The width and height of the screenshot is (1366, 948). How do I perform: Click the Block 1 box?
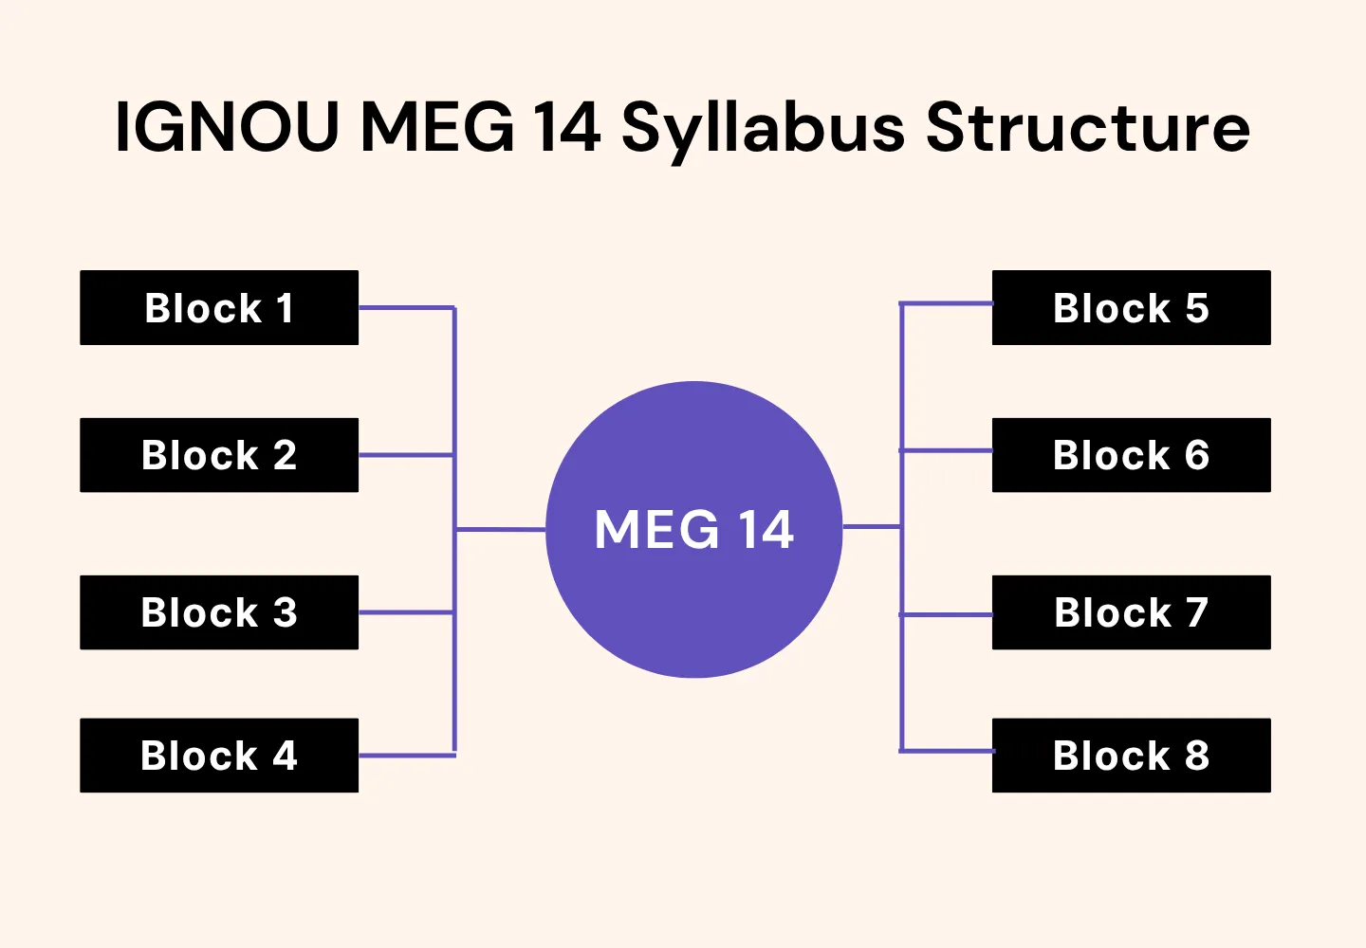[x=219, y=308]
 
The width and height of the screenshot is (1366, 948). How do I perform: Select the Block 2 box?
[x=219, y=455]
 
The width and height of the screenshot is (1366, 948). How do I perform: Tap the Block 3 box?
[x=219, y=612]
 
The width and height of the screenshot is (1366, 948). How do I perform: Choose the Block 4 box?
[x=219, y=756]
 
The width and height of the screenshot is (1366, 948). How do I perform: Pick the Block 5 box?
[x=1131, y=308]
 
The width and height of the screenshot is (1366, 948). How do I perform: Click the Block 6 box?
[x=1131, y=455]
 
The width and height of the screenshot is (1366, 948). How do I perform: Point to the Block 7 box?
[x=1131, y=612]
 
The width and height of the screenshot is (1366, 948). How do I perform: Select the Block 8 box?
[x=1131, y=756]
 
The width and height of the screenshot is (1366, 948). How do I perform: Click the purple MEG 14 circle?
[x=694, y=588]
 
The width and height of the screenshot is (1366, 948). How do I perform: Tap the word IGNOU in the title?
[x=227, y=127]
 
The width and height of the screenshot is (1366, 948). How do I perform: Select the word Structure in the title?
[x=1088, y=127]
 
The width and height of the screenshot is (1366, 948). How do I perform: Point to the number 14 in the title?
[x=566, y=127]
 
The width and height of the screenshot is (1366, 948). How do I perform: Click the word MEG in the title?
[x=437, y=127]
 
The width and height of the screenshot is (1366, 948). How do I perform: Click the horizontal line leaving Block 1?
[x=406, y=308]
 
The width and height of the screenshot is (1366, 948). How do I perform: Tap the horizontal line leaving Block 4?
[x=406, y=756]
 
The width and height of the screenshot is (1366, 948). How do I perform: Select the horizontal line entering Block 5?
[x=946, y=304]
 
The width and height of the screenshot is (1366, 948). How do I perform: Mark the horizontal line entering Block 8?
[x=946, y=751]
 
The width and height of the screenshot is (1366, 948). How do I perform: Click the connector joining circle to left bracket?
[x=501, y=530]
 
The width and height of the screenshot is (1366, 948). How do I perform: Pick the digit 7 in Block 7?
[x=1197, y=612]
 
